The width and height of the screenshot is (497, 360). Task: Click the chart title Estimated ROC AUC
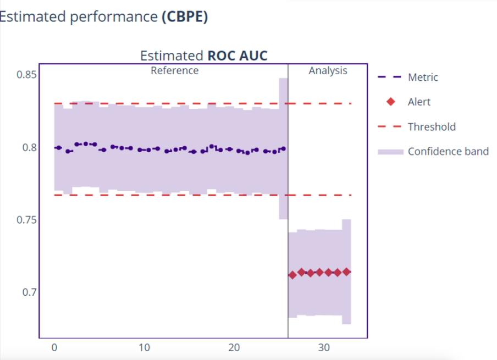pyautogui.click(x=204, y=56)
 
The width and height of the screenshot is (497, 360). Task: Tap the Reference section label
pyautogui.click(x=174, y=70)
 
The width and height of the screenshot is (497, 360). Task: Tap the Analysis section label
pyautogui.click(x=328, y=70)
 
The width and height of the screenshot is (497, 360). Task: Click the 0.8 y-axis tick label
pyautogui.click(x=30, y=147)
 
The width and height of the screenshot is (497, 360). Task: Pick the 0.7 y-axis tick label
pyautogui.click(x=30, y=292)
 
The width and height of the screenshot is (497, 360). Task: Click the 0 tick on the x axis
pyautogui.click(x=54, y=347)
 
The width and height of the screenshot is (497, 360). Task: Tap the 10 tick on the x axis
pyautogui.click(x=144, y=347)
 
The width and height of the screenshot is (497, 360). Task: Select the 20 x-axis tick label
pyautogui.click(x=234, y=347)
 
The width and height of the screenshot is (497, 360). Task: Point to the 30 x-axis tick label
pyautogui.click(x=324, y=347)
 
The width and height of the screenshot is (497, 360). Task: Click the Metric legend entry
pyautogui.click(x=423, y=77)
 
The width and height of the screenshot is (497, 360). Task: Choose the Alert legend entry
pyautogui.click(x=419, y=102)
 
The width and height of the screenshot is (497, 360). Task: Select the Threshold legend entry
pyautogui.click(x=432, y=127)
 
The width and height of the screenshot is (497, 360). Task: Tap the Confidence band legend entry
pyautogui.click(x=448, y=152)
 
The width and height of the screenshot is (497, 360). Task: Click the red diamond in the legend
pyautogui.click(x=390, y=102)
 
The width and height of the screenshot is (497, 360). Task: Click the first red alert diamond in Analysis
pyautogui.click(x=292, y=275)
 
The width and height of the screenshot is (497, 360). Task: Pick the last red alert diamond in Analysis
pyautogui.click(x=346, y=272)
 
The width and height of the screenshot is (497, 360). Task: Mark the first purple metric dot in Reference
pyautogui.click(x=58, y=147)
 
